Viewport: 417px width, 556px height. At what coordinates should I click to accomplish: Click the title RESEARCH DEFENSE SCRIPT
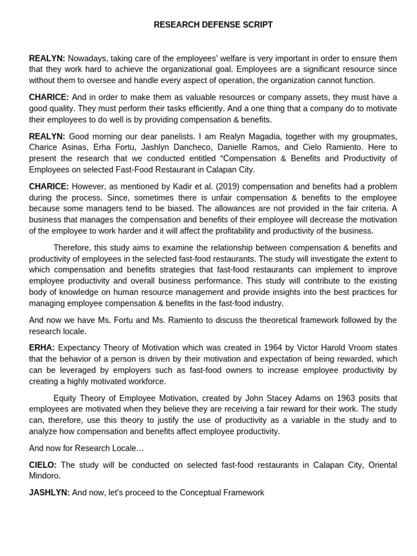click(213, 25)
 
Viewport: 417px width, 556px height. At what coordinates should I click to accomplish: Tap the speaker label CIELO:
click(43, 465)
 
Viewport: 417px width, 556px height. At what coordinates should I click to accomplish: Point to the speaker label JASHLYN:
click(49, 492)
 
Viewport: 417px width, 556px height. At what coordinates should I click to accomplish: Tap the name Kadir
click(160, 186)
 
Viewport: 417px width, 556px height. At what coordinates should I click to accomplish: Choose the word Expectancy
click(79, 347)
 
